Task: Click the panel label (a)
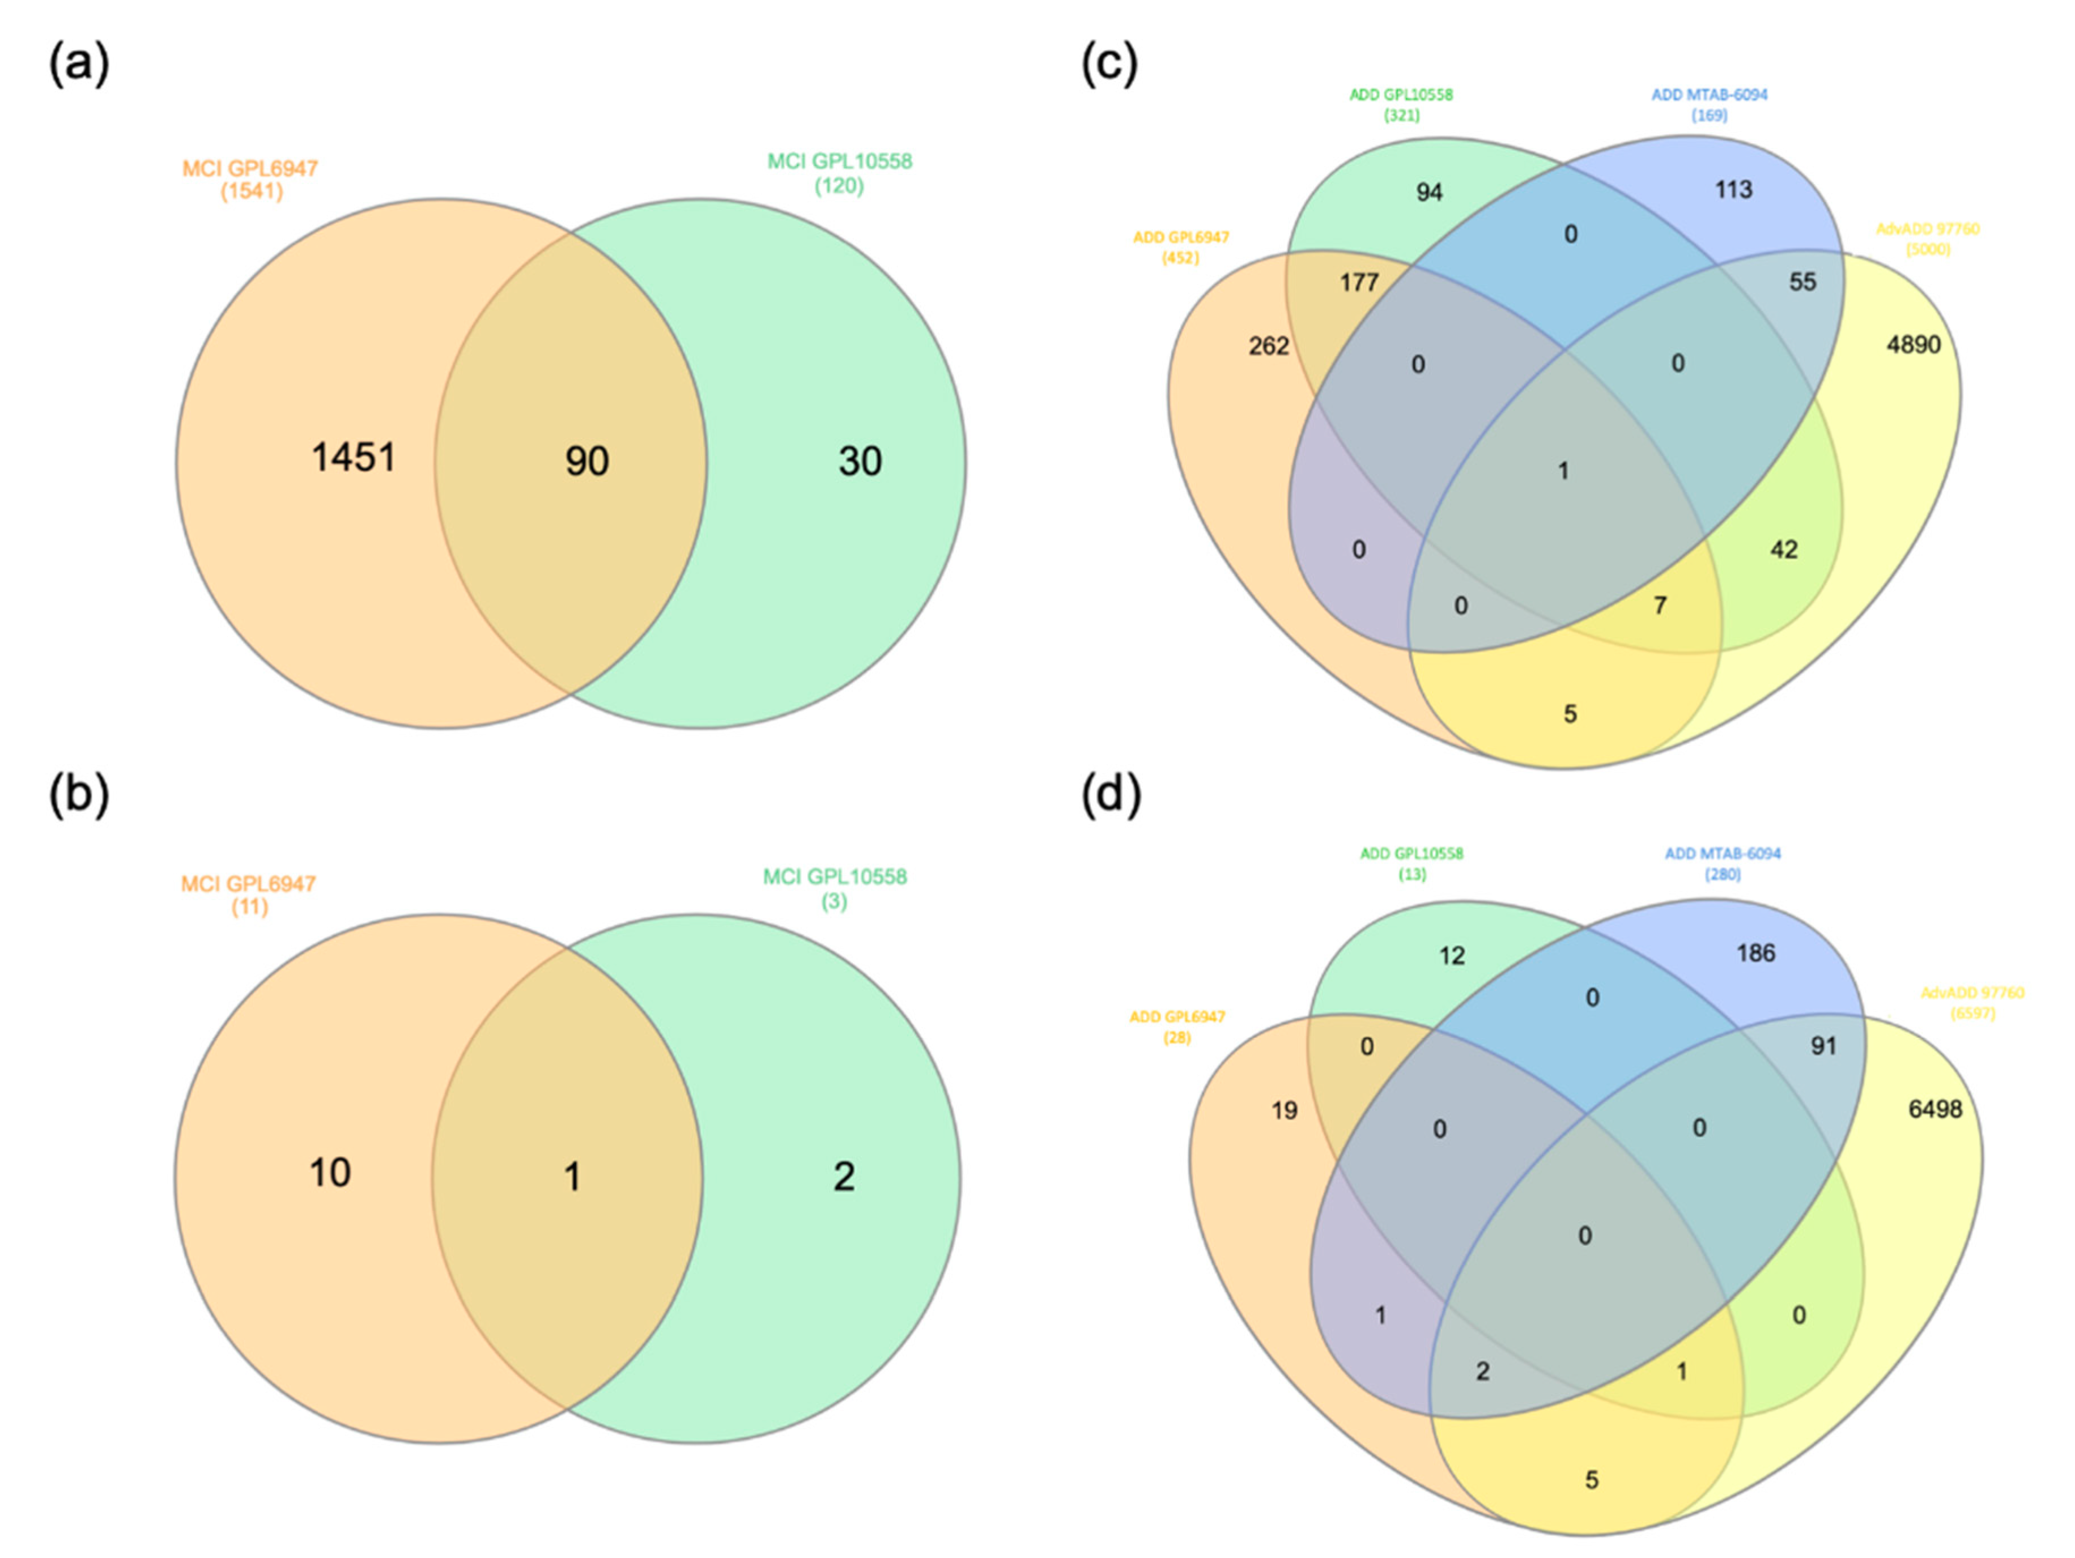[x=79, y=65]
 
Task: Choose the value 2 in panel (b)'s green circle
[x=843, y=1176]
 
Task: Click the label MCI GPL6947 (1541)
[x=250, y=179]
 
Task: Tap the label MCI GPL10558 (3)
[x=834, y=888]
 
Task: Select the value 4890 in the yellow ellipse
[x=1913, y=345]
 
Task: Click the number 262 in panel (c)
[x=1268, y=346]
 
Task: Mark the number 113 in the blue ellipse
[x=1733, y=189]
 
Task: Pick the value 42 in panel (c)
[x=1783, y=550]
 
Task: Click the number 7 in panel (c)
[x=1660, y=605]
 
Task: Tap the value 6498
[x=1934, y=1110]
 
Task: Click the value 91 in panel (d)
[x=1823, y=1046]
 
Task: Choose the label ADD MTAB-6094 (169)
[x=1709, y=104]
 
